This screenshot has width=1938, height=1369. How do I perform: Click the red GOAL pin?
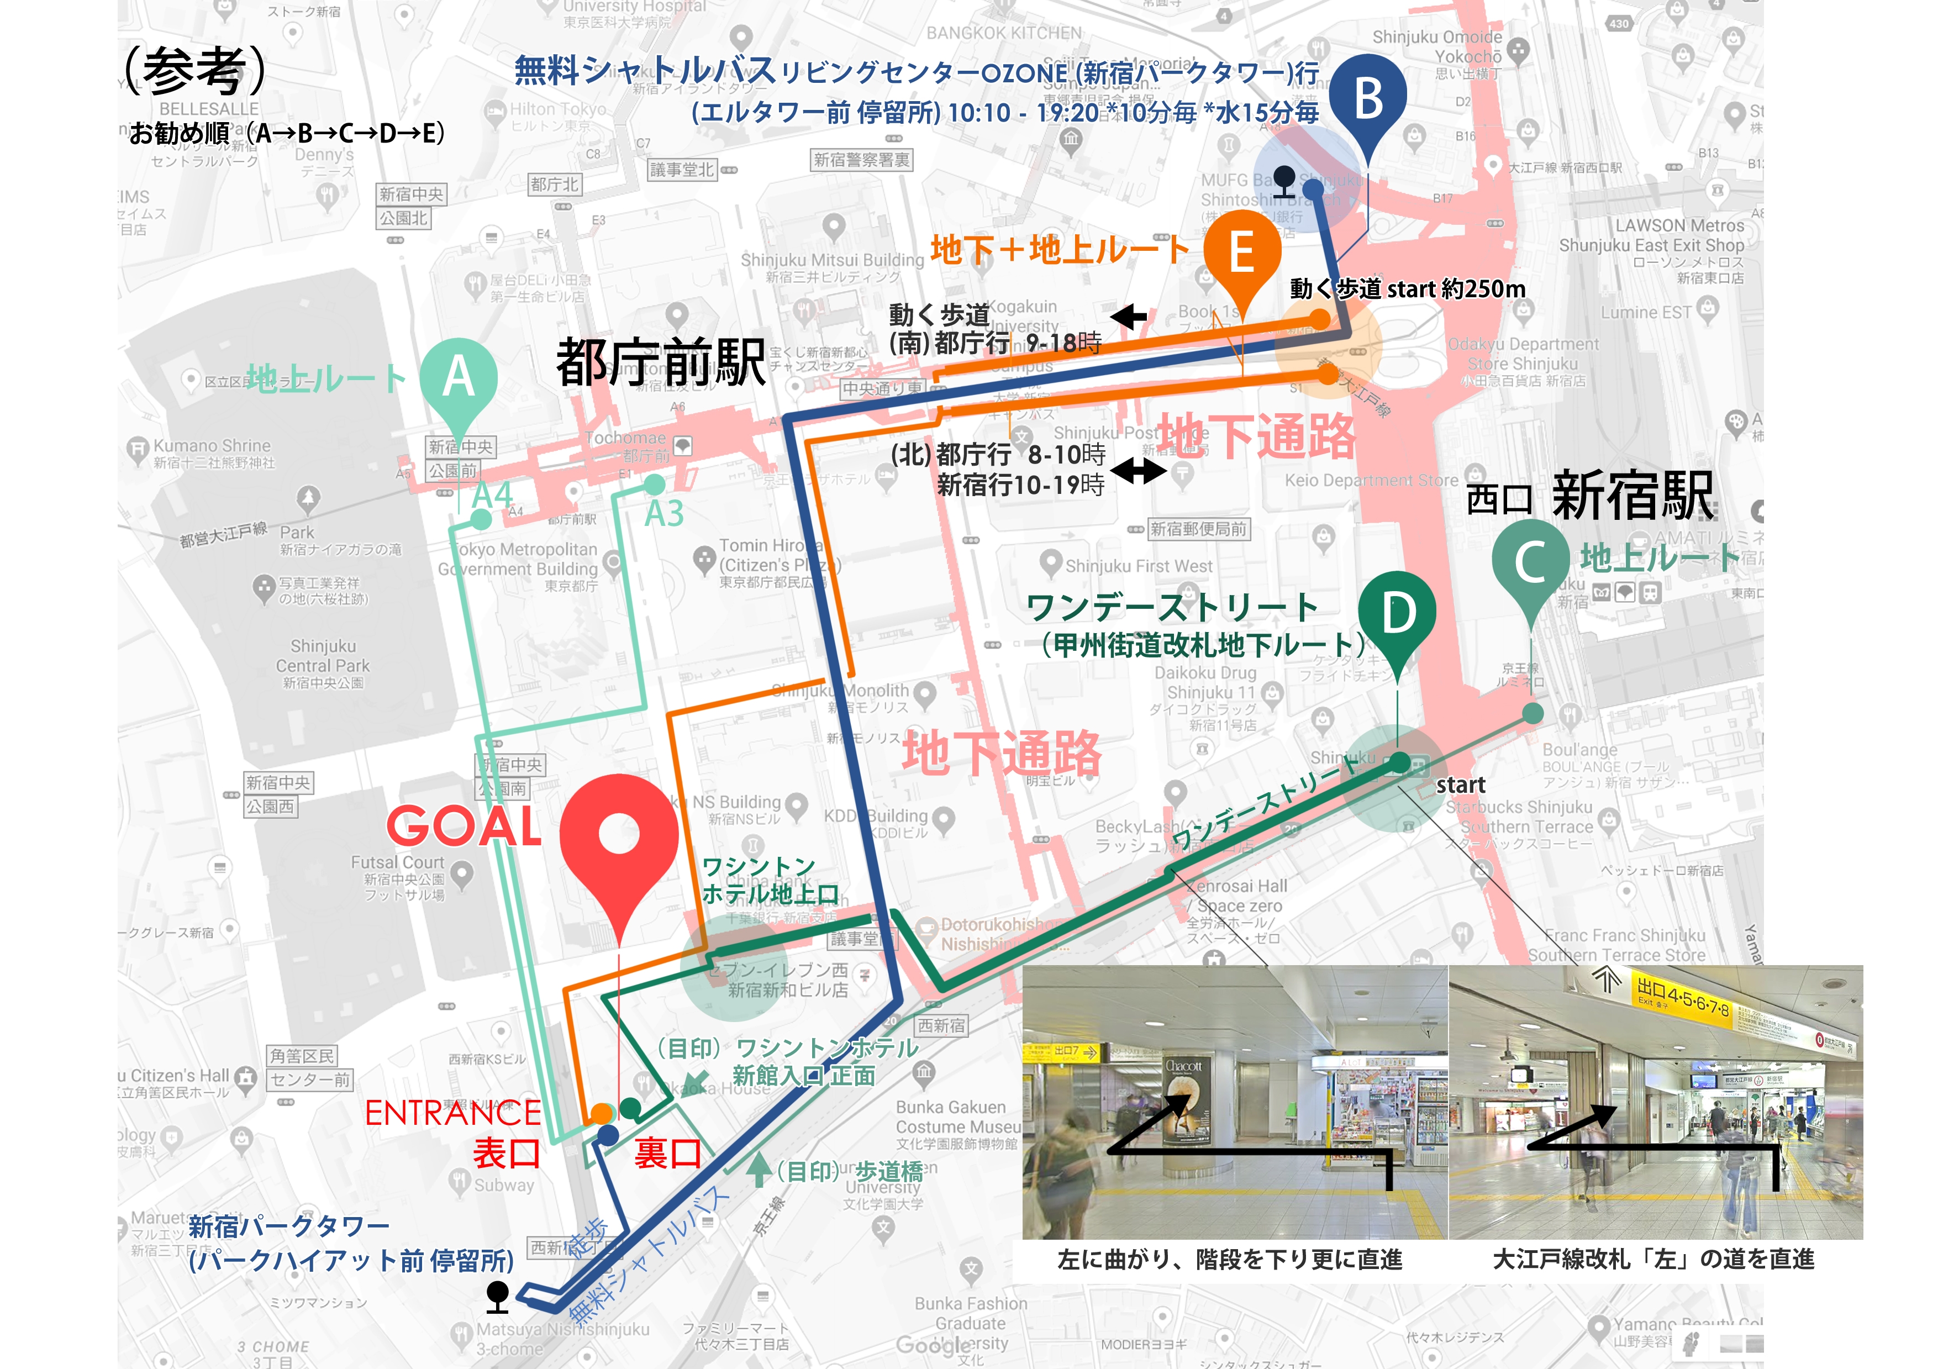(x=619, y=835)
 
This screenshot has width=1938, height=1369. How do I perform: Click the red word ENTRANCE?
(x=452, y=1113)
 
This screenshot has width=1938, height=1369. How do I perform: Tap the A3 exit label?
(x=663, y=514)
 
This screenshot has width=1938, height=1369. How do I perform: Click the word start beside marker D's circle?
(x=1460, y=786)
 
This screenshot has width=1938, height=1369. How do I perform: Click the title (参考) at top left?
(x=195, y=71)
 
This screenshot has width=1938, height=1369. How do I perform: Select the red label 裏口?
(x=668, y=1154)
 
